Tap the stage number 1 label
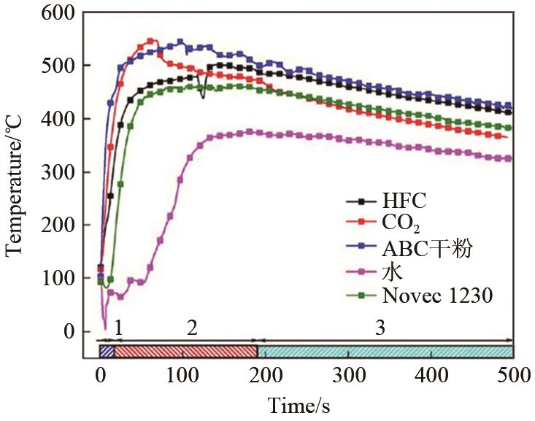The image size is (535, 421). pos(118,327)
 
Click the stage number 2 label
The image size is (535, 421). pos(192,327)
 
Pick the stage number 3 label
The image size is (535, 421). pos(380,327)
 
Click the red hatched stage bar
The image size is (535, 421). pos(186,351)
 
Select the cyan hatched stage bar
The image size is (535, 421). pos(385,351)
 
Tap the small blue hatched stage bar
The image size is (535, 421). pos(107,351)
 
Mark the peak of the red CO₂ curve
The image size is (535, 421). pos(150,41)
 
